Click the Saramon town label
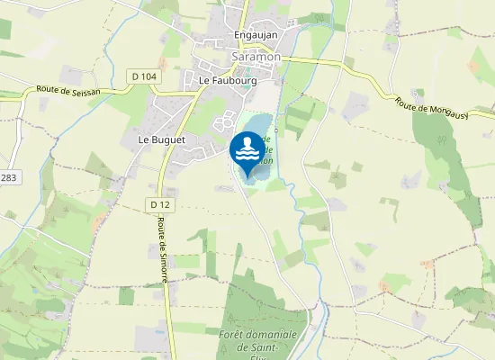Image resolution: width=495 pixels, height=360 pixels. click(x=256, y=56)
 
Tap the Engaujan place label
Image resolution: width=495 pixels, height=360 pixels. click(x=256, y=35)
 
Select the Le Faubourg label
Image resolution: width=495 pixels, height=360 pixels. click(x=228, y=80)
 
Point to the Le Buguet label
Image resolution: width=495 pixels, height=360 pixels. click(x=161, y=140)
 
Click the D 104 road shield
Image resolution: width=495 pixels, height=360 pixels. click(x=142, y=76)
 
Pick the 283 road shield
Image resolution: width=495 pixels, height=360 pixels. click(x=8, y=178)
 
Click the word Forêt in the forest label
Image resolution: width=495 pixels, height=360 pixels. click(x=259, y=334)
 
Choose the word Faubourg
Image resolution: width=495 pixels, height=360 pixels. click(x=235, y=80)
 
